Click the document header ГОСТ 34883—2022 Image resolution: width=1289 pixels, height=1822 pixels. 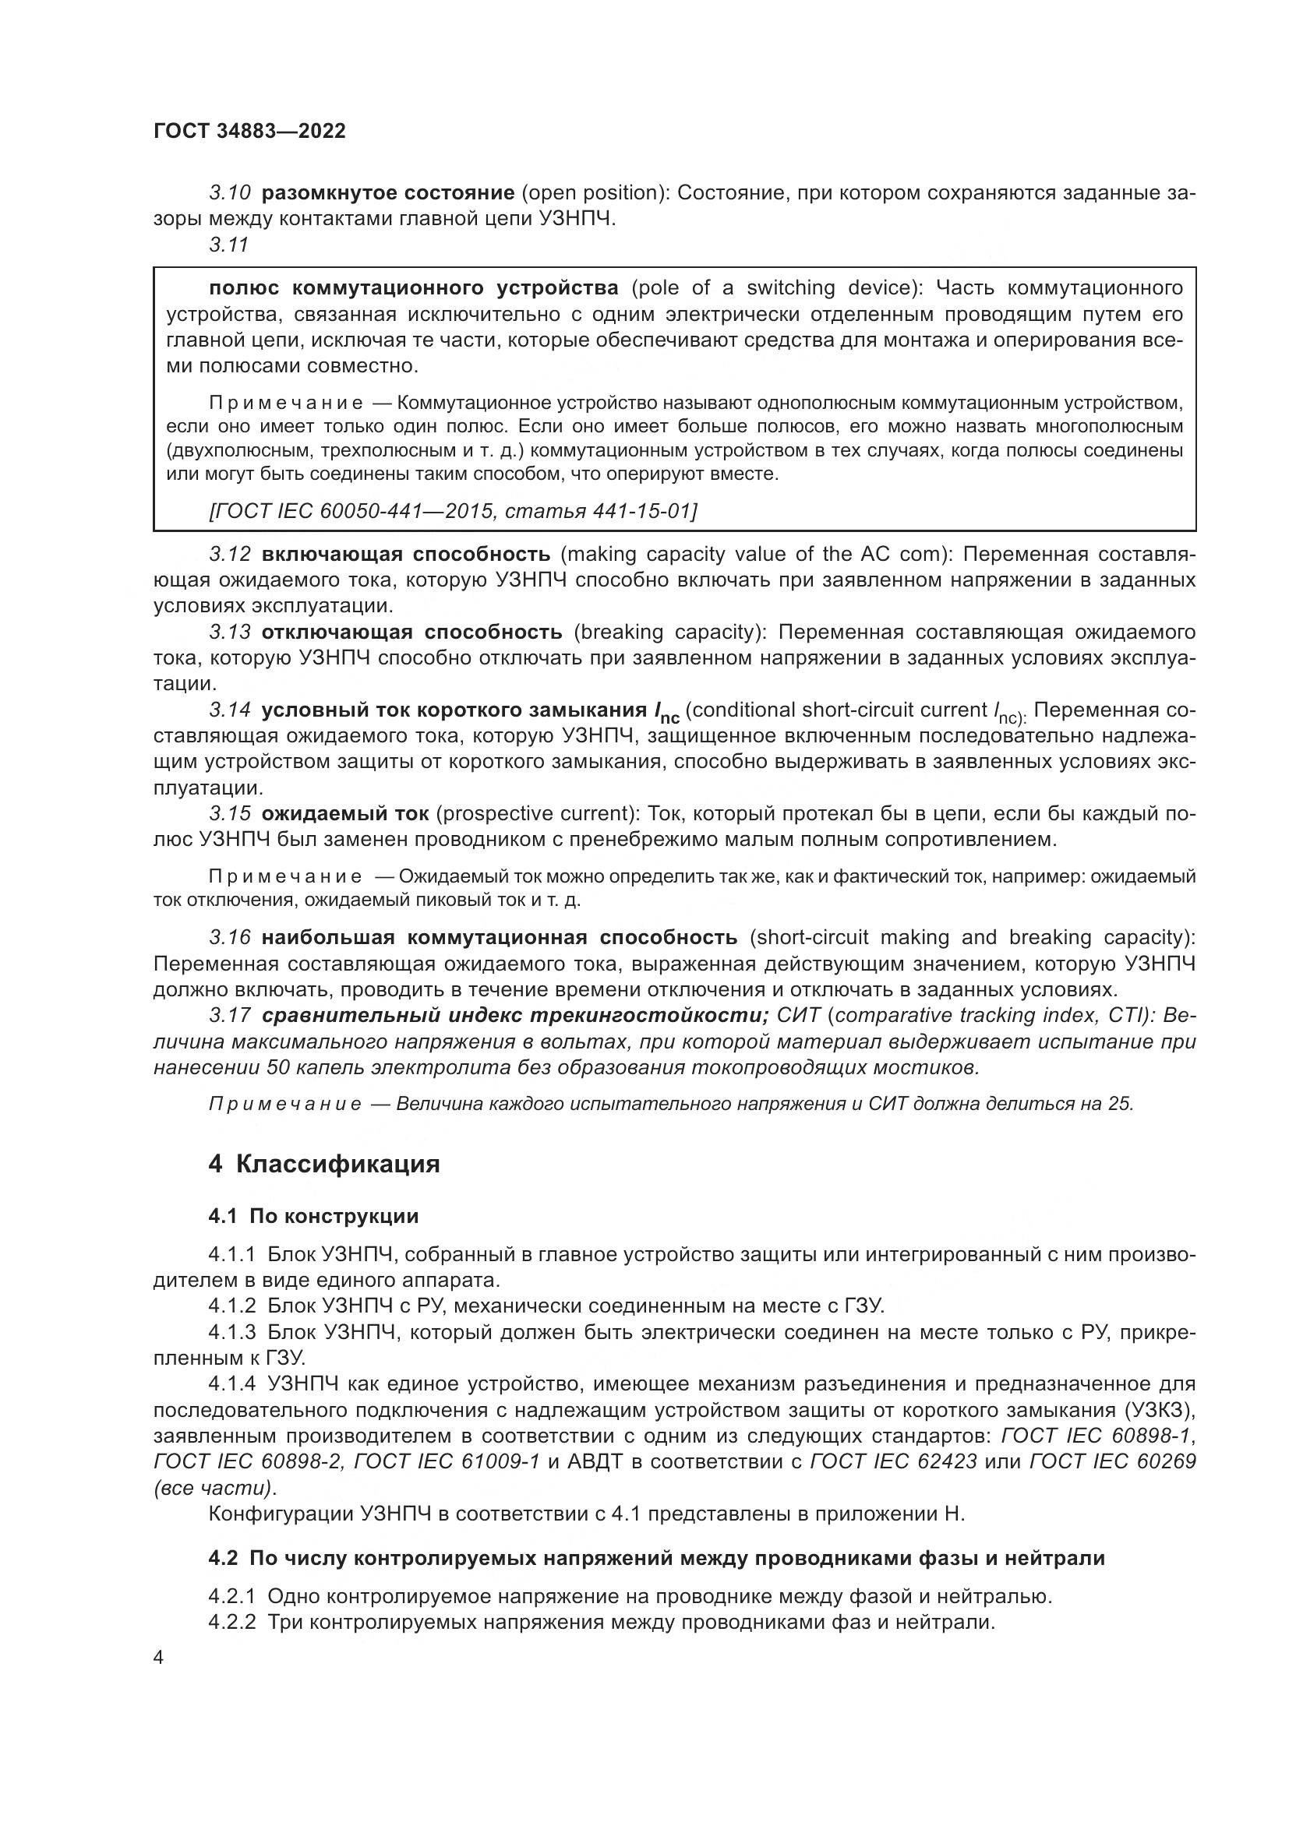pos(249,132)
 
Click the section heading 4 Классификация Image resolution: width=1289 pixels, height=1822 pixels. pos(324,1164)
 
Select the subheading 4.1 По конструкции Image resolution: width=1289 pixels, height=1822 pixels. pos(313,1216)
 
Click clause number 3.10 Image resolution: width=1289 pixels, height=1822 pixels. pos(230,193)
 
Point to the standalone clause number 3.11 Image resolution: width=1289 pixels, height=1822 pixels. pos(229,245)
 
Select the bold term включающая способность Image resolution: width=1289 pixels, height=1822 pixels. pos(405,553)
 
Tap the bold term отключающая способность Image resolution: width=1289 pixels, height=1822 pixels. pos(412,632)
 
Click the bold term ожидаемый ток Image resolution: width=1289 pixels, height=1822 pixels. pos(345,813)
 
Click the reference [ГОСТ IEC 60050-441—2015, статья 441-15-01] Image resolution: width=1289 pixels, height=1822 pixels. pos(454,511)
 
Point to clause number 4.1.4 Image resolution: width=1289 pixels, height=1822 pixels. pos(231,1384)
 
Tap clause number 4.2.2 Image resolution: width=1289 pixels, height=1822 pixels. pos(231,1622)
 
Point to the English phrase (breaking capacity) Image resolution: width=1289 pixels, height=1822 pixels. pos(670,632)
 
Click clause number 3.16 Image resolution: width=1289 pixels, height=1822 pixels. pos(230,937)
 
